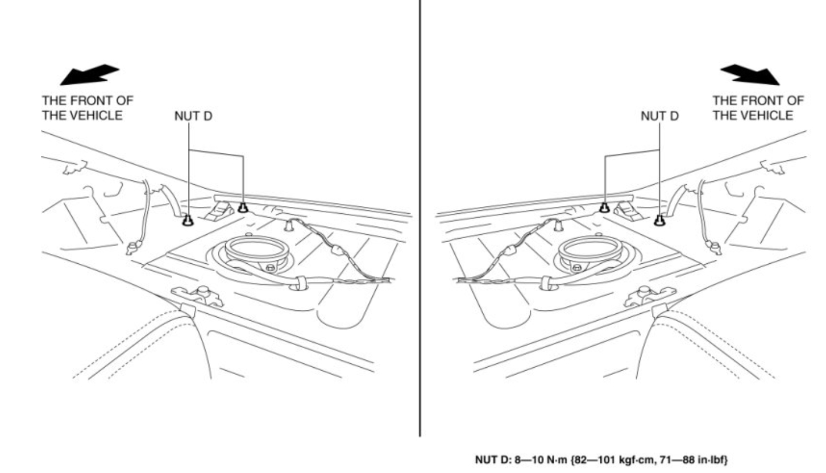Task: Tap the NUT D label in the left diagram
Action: pyautogui.click(x=193, y=117)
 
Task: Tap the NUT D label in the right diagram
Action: pyautogui.click(x=659, y=117)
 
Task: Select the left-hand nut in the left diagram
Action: pyautogui.click(x=186, y=219)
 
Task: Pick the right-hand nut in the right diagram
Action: pyautogui.click(x=659, y=219)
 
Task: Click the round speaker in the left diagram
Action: pyautogui.click(x=256, y=250)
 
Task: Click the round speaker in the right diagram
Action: pyautogui.click(x=588, y=250)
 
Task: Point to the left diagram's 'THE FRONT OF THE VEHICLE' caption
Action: pyautogui.click(x=88, y=108)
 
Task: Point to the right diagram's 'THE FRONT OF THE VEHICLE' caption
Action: pyautogui.click(x=758, y=108)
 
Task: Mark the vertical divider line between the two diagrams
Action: pyautogui.click(x=420, y=227)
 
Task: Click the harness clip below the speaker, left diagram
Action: pyautogui.click(x=297, y=282)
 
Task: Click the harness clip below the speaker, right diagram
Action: pyautogui.click(x=548, y=282)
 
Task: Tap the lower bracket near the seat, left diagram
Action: pyautogui.click(x=198, y=294)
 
